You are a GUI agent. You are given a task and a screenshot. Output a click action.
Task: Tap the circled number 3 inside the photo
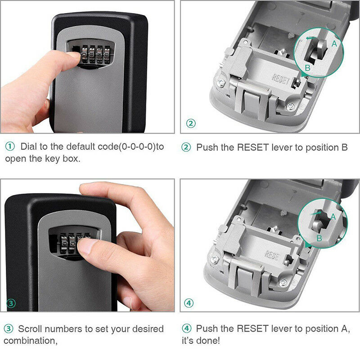pos(11,303)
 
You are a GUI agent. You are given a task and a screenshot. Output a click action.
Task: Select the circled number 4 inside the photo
pos(189,303)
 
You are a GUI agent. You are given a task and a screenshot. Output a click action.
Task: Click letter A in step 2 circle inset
pos(334,43)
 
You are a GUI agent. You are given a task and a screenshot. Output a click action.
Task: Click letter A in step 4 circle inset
pos(333,216)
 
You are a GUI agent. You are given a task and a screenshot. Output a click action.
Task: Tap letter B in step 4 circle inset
pos(319,238)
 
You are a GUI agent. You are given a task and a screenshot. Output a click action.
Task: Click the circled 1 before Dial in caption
pos(10,147)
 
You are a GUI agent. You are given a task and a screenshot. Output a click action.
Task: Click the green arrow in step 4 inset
pos(317,211)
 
